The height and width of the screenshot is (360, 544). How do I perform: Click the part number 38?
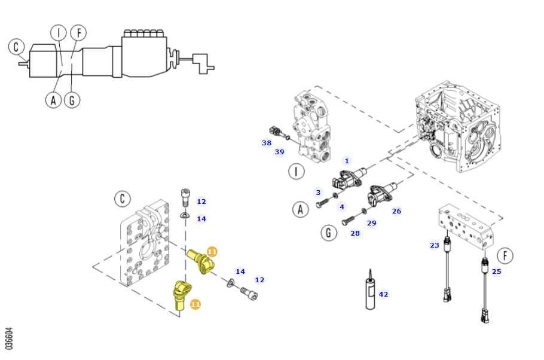266,143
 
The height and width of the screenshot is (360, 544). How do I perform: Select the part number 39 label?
279,152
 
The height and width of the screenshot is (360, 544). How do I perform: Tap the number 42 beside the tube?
383,294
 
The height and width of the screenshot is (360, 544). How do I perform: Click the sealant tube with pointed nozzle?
370,292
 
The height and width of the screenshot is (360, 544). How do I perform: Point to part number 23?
434,245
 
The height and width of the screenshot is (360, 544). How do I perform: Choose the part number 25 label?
496,271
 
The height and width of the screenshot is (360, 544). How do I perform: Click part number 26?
396,211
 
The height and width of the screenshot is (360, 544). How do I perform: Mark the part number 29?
371,223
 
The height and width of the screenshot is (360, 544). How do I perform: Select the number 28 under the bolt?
355,233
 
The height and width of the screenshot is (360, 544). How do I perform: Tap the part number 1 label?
347,161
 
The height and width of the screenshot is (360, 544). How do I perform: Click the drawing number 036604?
9,338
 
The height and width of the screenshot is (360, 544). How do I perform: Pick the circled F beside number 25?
505,256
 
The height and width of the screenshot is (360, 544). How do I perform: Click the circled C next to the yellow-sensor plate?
122,199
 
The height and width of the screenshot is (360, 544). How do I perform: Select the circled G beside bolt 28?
328,232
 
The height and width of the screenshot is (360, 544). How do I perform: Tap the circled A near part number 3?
300,209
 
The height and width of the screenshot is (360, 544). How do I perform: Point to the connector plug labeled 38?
276,130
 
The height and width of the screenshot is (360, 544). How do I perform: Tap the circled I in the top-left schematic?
58,32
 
